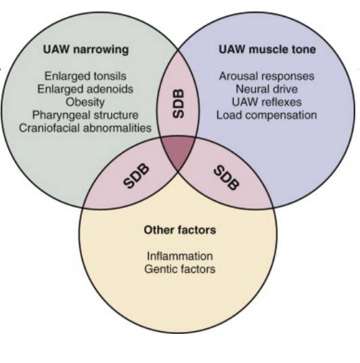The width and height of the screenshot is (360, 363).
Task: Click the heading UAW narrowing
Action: (x=86, y=49)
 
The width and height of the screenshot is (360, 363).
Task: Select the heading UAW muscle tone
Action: (x=267, y=49)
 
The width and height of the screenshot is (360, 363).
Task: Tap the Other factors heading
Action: (x=180, y=230)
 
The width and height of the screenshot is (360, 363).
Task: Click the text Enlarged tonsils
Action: (x=85, y=76)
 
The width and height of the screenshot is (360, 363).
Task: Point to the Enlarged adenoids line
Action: (x=85, y=89)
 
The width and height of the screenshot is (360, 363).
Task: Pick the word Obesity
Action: (x=85, y=102)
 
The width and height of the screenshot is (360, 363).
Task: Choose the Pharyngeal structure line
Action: (x=85, y=115)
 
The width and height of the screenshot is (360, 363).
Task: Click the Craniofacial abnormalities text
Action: (x=85, y=128)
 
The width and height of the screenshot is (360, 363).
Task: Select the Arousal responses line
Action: (x=267, y=76)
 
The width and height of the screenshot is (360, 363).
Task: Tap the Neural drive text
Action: (x=267, y=89)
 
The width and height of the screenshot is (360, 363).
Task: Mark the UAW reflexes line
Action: (x=267, y=102)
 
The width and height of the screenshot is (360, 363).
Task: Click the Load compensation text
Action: (x=267, y=115)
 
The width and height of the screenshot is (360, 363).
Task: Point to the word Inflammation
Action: (x=180, y=256)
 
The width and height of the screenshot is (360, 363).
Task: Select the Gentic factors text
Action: (x=180, y=269)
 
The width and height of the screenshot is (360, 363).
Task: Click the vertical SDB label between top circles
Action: (x=179, y=104)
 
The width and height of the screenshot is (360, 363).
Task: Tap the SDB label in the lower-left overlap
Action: (x=136, y=175)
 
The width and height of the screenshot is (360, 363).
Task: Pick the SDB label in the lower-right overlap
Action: (x=226, y=177)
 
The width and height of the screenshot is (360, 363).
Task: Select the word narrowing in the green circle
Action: (x=101, y=50)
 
